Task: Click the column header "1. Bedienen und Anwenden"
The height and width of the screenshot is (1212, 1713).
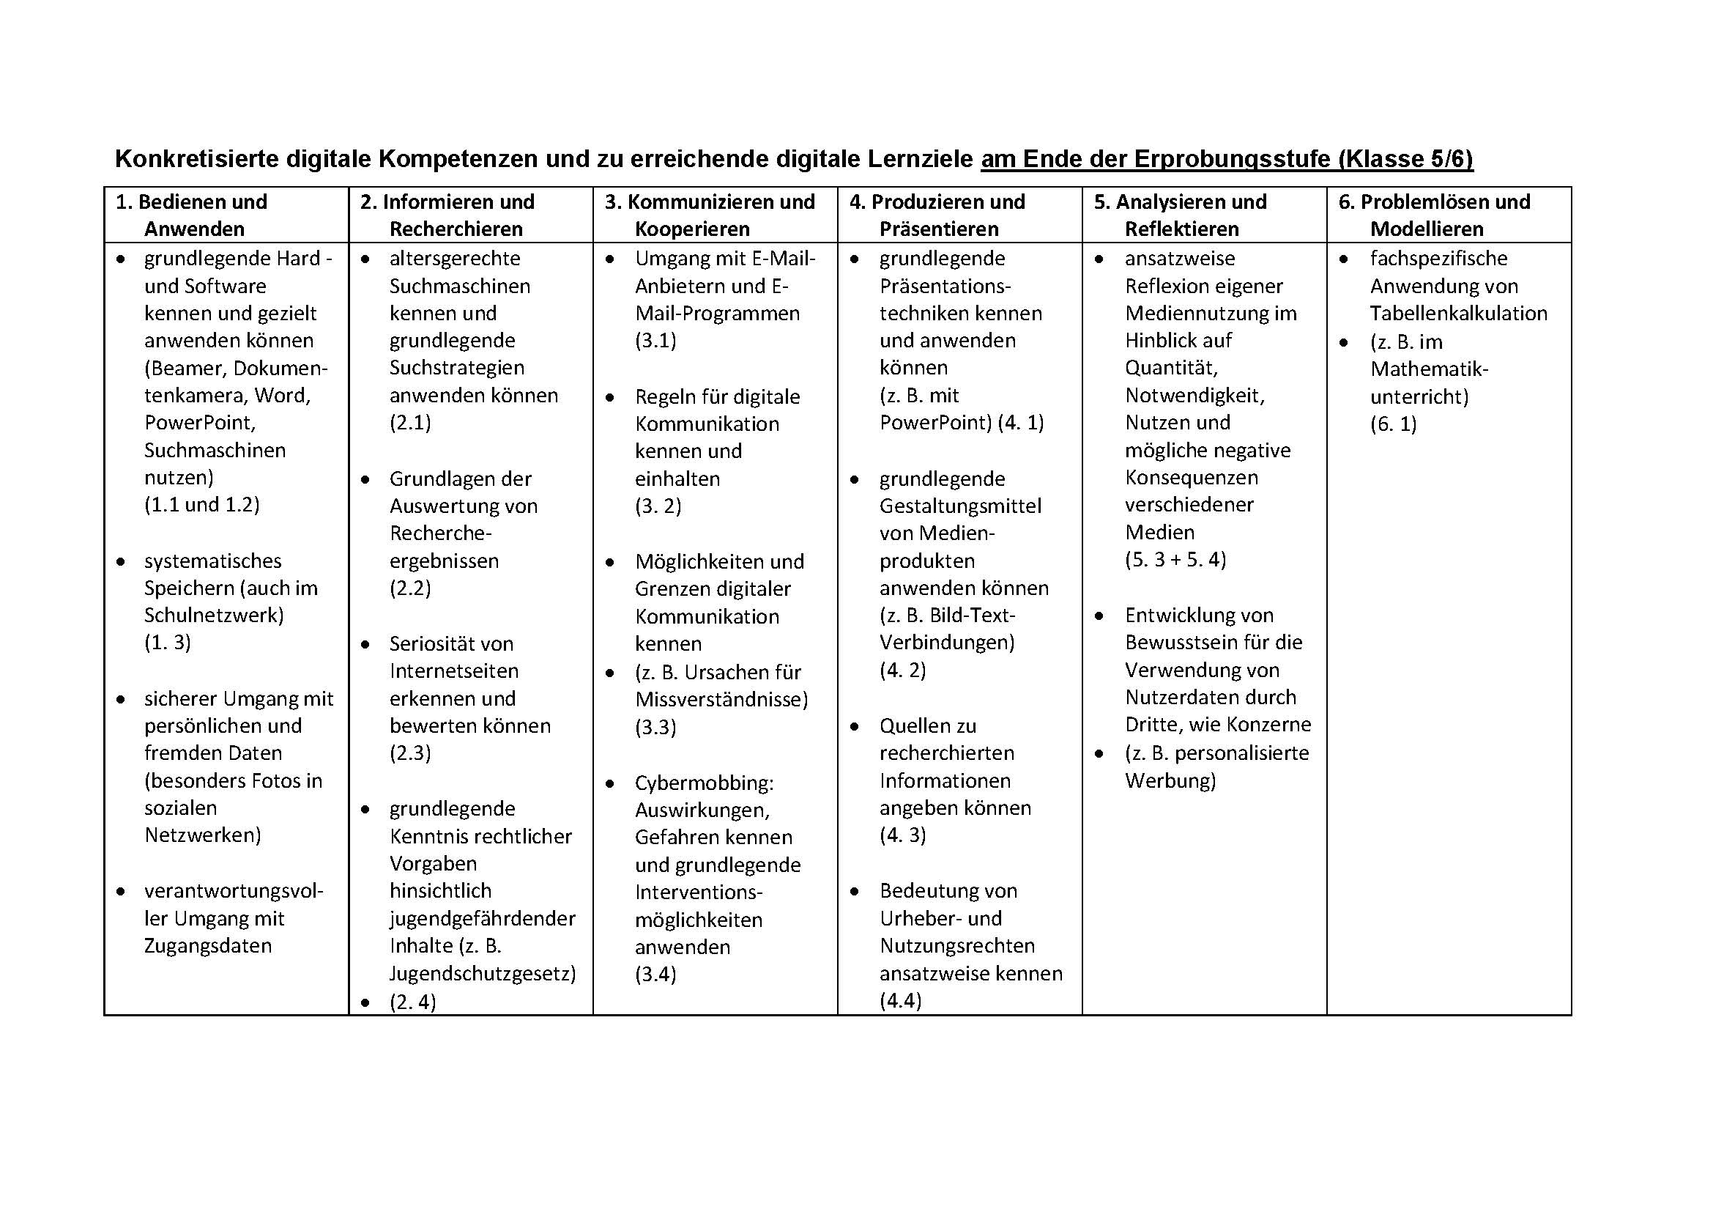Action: pyautogui.click(x=193, y=215)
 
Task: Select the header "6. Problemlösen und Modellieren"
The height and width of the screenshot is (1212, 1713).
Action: pyautogui.click(x=1434, y=215)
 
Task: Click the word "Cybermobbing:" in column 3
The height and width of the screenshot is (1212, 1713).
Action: pyautogui.click(x=705, y=783)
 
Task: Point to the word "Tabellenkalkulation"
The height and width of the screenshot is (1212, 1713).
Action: pyautogui.click(x=1459, y=314)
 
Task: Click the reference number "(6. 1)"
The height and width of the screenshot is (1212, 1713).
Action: pyautogui.click(x=1393, y=424)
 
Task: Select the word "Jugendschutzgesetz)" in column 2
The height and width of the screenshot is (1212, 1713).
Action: pyautogui.click(x=483, y=973)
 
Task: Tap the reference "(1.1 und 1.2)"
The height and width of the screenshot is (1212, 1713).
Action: pyautogui.click(x=201, y=504)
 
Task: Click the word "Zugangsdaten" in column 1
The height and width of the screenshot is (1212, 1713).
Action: pyautogui.click(x=207, y=945)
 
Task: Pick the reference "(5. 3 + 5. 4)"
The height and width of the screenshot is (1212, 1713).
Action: pyautogui.click(x=1175, y=560)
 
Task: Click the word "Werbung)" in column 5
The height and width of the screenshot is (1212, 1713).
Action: pyautogui.click(x=1170, y=780)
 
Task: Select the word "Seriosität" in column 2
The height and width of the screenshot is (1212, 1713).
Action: pyautogui.click(x=424, y=643)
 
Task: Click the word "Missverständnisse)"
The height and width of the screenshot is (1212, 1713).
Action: pyautogui.click(x=721, y=699)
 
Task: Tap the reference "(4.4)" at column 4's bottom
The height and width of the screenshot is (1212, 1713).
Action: pyautogui.click(x=901, y=1000)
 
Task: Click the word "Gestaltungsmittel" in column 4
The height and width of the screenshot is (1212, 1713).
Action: pyautogui.click(x=960, y=506)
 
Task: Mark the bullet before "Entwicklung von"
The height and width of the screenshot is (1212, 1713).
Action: pyautogui.click(x=1099, y=616)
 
